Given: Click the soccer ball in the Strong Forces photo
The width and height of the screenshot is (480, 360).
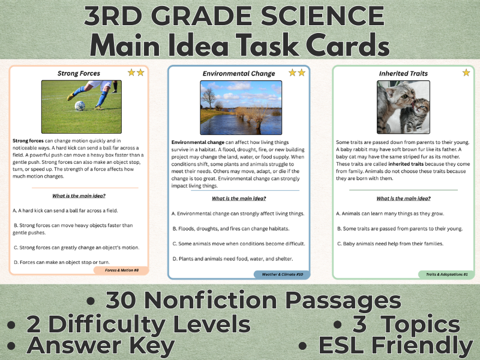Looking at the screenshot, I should pos(80,106).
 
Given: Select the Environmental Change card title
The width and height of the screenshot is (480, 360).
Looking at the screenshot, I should pos(239,74).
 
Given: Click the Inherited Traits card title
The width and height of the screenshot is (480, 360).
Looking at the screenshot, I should pos(403,74).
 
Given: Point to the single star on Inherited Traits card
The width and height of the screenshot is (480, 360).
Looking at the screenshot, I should pos(466,73).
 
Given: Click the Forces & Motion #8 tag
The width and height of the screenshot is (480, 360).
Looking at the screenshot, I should pos(122,271).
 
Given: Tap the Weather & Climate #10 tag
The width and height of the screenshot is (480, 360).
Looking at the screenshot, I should pos(281,274).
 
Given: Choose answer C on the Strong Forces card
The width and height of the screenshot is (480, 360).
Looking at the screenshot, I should pos(76,247).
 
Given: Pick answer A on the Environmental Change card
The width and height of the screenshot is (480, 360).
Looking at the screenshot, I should pos(238,214).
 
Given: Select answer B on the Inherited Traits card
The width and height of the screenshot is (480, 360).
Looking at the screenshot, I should pos(402,228).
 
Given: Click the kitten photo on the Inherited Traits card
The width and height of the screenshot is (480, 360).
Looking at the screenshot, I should pos(403,107).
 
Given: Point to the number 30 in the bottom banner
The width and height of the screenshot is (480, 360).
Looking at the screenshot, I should pos(125,299).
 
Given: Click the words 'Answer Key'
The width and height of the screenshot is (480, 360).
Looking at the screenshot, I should pos(101,346).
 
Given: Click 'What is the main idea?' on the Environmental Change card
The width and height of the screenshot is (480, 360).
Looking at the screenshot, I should pos(239,199).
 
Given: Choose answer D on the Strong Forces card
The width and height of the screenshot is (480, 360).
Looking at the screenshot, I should pos(61,262).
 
